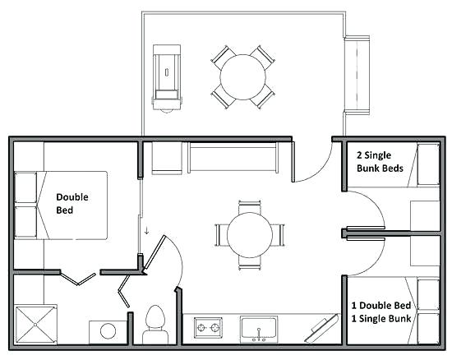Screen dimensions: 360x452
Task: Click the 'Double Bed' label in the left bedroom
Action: tap(71, 203)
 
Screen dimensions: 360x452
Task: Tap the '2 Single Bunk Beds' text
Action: tap(379, 162)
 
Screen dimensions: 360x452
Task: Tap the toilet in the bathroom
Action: tap(154, 324)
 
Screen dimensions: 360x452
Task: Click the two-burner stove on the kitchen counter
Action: tap(209, 330)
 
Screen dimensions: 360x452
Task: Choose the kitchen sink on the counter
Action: tap(261, 329)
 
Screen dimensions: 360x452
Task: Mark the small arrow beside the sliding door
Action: tap(146, 230)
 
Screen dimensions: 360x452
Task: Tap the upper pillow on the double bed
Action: tap(27, 188)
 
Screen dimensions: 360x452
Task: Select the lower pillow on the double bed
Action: tap(27, 221)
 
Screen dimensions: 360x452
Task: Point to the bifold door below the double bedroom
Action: tap(80, 275)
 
